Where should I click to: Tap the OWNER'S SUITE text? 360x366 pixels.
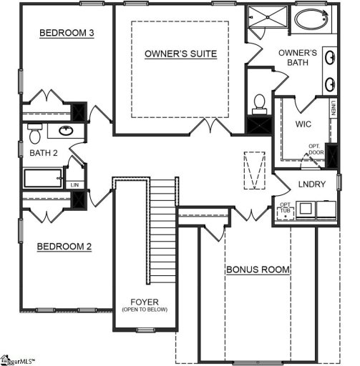(x=180, y=54)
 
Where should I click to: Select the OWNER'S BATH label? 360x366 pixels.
(x=298, y=58)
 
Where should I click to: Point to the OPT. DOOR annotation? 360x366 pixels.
(x=316, y=149)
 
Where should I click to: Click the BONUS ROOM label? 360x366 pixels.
(x=258, y=270)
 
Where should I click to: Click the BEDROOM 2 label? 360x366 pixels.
(x=64, y=247)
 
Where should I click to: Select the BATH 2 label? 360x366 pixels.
(x=44, y=152)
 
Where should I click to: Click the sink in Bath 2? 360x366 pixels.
(x=66, y=131)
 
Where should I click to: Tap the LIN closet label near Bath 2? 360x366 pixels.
(x=75, y=184)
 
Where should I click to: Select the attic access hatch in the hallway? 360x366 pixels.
(x=253, y=170)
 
